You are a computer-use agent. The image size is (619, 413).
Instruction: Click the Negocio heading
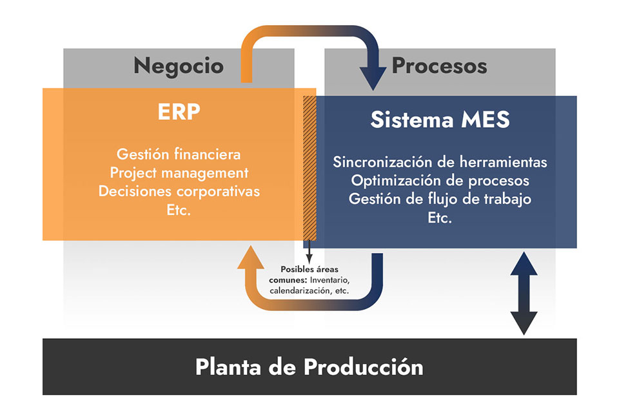coord(179,66)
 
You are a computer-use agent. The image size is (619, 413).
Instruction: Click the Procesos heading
coord(439,66)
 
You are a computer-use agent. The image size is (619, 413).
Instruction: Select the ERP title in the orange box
coord(179,112)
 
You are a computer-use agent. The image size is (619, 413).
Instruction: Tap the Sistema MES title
coord(440,119)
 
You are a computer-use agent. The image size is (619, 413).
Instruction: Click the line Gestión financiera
coord(179,154)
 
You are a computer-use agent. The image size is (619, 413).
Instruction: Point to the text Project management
coord(179,173)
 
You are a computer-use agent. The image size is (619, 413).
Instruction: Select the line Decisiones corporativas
coord(179,192)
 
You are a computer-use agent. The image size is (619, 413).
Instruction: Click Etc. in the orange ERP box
coord(179,210)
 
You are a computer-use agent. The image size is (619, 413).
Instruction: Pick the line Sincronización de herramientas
coord(440,161)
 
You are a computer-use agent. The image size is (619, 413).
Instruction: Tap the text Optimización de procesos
coord(440,180)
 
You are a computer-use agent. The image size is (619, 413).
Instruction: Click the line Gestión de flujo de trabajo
coord(440,199)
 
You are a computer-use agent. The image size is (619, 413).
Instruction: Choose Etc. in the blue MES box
coord(440,217)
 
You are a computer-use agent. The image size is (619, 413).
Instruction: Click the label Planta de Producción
coord(309,367)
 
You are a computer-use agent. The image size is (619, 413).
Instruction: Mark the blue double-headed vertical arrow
coord(524,293)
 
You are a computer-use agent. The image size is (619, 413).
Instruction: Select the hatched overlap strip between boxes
coord(309,168)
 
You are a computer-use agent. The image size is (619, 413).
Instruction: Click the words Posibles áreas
coord(309,268)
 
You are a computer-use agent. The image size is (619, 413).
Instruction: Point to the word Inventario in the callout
coord(329,280)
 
